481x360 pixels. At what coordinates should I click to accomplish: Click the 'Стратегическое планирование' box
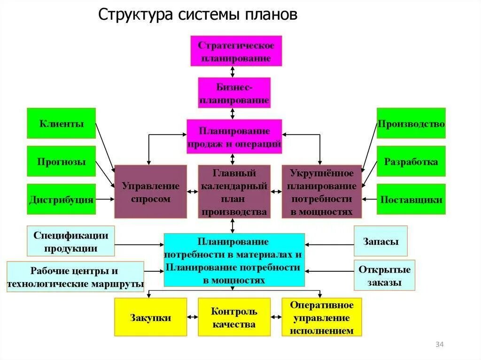[236, 51]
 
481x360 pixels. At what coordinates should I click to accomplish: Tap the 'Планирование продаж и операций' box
[234, 137]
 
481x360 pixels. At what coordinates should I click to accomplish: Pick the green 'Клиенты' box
[61, 123]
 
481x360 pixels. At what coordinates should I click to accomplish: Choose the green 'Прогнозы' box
[61, 161]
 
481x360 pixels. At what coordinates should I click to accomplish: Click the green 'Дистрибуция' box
[61, 199]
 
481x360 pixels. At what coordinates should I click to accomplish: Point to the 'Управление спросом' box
[150, 191]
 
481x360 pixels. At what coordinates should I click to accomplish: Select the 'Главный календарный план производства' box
[234, 191]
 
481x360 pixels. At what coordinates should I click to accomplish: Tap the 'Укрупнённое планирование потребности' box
[322, 191]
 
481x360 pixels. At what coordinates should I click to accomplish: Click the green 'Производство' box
[411, 123]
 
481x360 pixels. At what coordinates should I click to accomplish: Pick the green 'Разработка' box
[411, 161]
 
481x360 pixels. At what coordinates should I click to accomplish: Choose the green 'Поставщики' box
[411, 199]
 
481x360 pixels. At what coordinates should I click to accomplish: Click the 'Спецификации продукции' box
[71, 242]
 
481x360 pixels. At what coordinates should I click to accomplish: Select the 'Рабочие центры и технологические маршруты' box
[75, 277]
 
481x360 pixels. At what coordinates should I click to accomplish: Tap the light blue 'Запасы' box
[380, 241]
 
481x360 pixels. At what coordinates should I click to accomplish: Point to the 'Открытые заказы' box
[384, 276]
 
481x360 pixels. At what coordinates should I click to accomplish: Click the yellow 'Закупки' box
[150, 317]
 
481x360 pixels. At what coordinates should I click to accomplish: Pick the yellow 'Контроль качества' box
[234, 317]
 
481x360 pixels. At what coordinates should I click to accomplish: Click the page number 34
[440, 345]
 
